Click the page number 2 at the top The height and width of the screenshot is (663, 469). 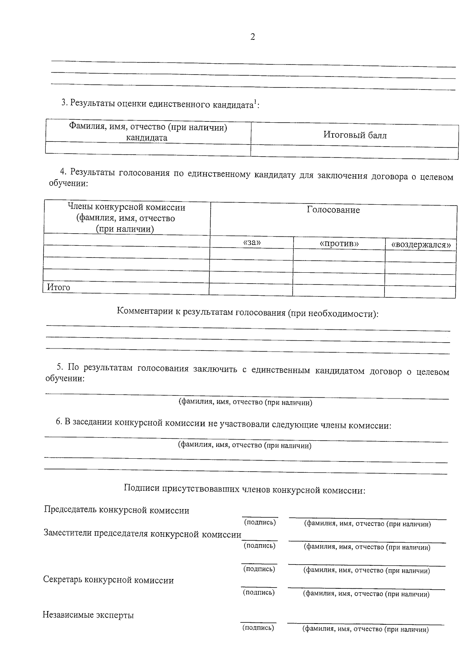point(252,38)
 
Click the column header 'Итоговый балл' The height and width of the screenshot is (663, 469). point(354,135)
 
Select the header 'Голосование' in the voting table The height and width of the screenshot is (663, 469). point(333,210)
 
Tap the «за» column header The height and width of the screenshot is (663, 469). point(252,243)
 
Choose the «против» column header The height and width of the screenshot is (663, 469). point(339,244)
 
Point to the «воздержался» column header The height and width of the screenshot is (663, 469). point(421,245)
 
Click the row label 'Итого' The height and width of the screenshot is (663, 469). point(59,288)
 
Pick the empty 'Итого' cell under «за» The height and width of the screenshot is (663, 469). point(251,290)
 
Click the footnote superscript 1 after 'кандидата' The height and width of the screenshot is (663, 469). point(255,102)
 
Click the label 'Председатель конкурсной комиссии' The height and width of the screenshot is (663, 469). point(116,510)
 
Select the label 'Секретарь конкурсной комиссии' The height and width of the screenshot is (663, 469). point(108,580)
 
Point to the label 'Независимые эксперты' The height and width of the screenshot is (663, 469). point(88,615)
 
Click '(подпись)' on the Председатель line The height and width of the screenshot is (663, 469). point(260,522)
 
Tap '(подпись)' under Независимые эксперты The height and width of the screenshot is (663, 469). point(258,628)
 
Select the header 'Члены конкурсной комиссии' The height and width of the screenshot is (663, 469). point(126,207)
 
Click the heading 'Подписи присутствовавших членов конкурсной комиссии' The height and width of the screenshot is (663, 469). point(244,489)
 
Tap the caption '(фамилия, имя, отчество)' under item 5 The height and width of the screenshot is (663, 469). point(245,402)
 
